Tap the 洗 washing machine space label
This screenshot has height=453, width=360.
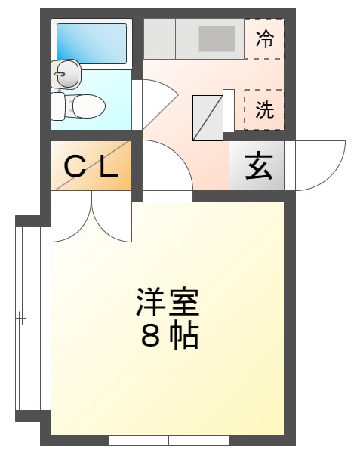click(x=265, y=110)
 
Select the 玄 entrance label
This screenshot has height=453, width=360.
click(x=258, y=166)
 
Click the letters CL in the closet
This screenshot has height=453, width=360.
click(x=91, y=166)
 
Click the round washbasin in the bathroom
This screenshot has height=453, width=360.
click(x=66, y=74)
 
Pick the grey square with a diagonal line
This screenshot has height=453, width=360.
click(x=209, y=118)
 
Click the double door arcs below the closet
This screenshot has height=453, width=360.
click(x=91, y=218)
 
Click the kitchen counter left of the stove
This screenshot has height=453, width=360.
click(x=159, y=38)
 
